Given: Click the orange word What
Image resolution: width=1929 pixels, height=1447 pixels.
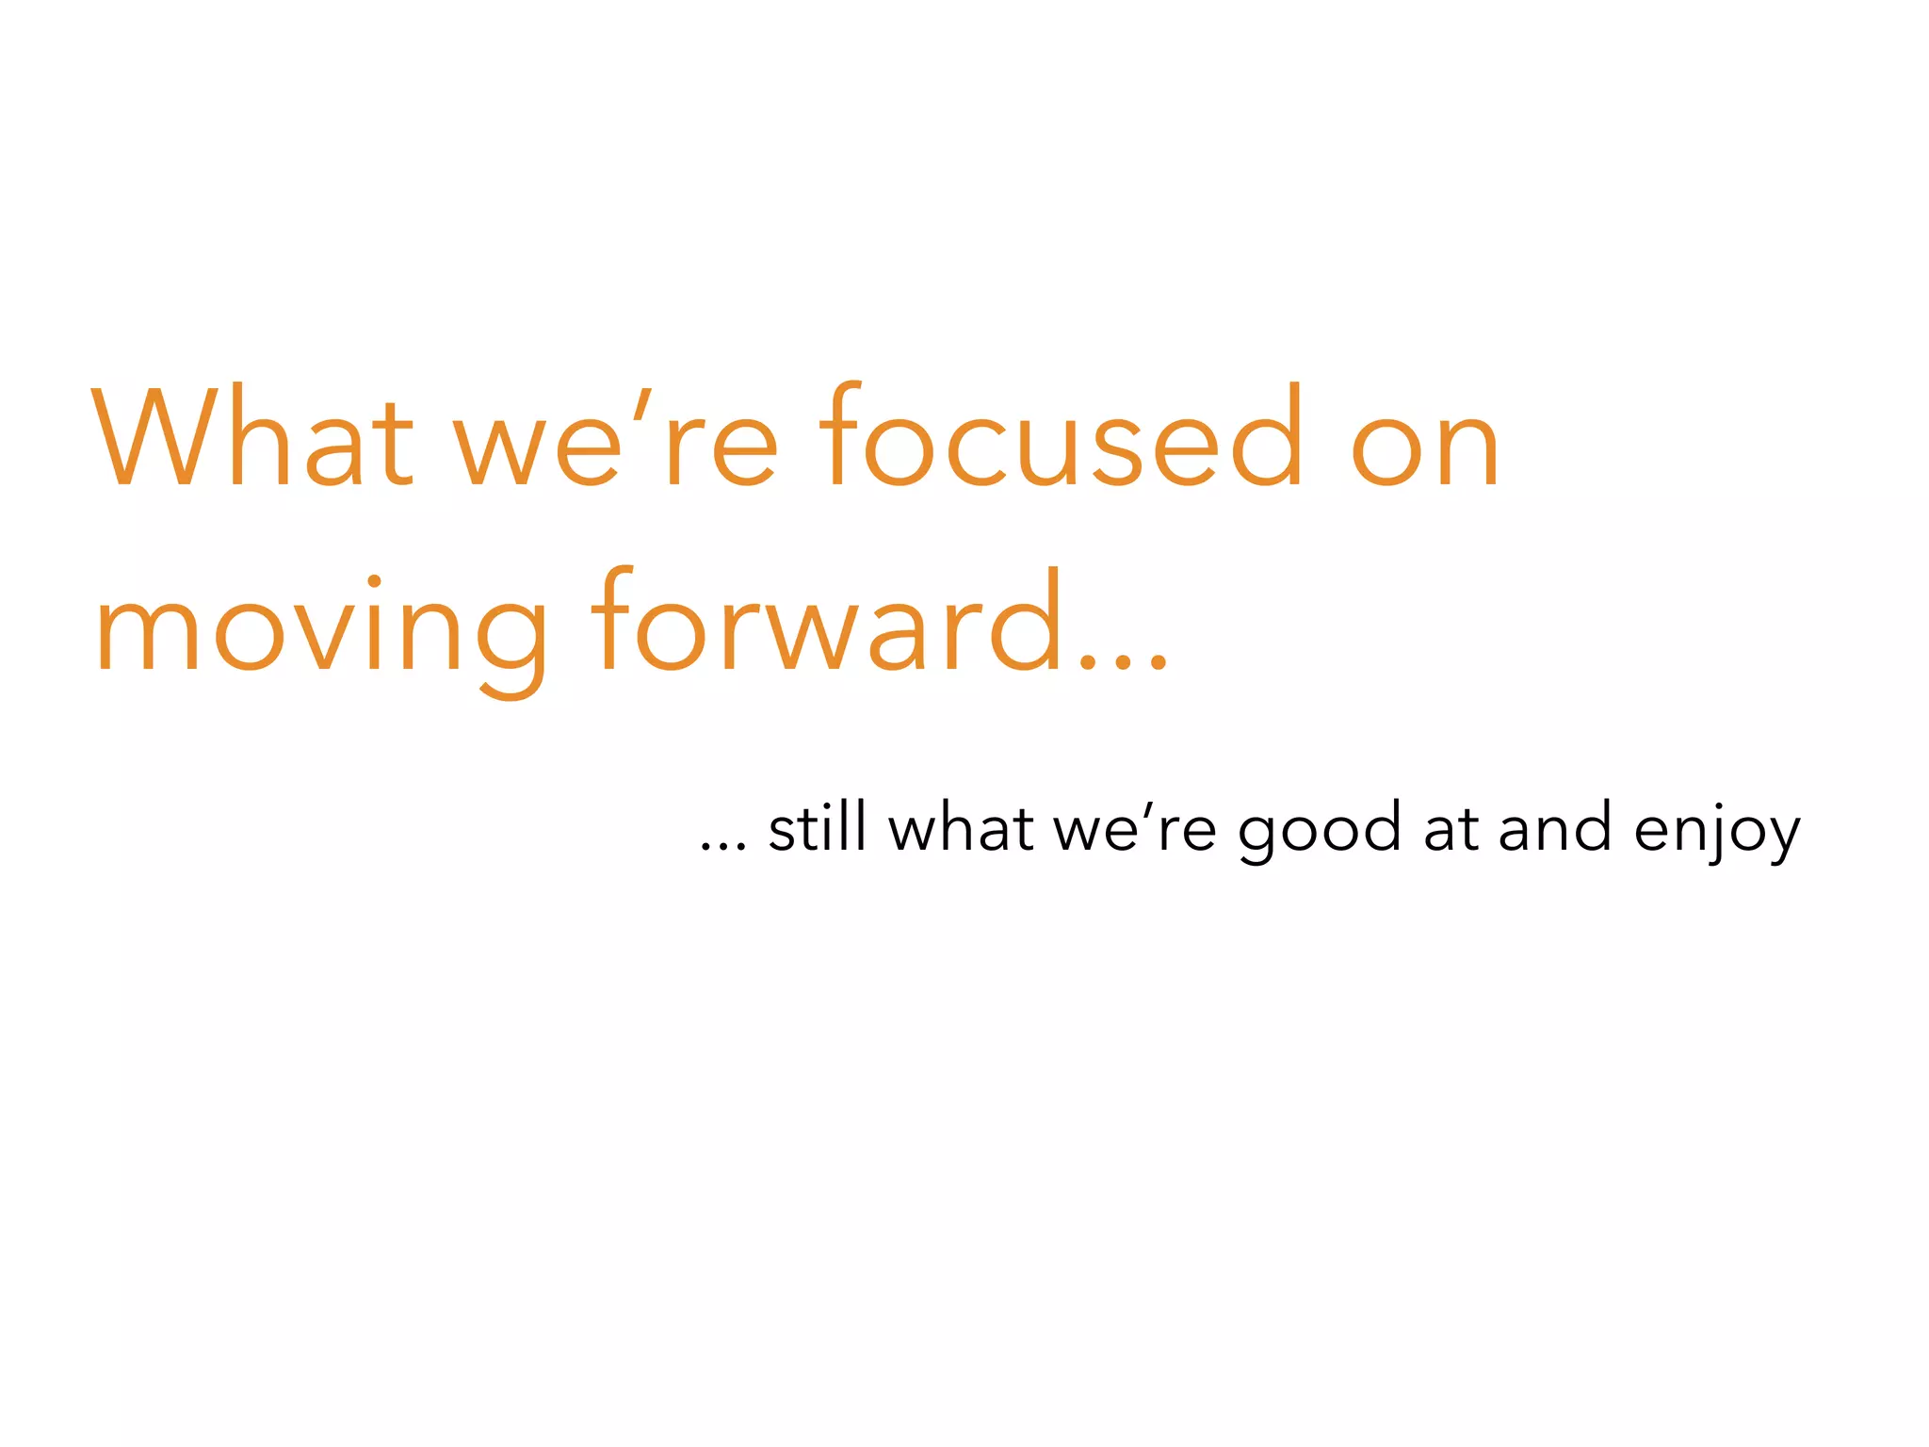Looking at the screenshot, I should (x=252, y=437).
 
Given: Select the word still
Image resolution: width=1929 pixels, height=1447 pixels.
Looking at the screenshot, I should (x=817, y=828).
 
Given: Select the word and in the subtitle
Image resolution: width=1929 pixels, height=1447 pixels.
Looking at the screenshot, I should (x=1554, y=828).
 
